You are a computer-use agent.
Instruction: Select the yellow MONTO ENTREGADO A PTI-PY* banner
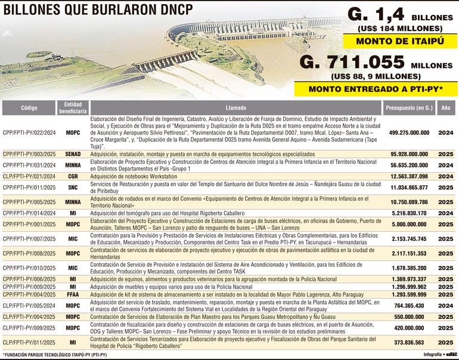374,89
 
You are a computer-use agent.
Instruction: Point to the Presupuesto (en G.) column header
408,108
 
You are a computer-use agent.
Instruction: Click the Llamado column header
235,108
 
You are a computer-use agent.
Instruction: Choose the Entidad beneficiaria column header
73,108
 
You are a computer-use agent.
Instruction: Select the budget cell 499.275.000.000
408,132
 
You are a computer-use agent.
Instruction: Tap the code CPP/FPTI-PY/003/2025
29,154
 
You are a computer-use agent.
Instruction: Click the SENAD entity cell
73,154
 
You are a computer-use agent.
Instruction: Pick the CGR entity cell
73,176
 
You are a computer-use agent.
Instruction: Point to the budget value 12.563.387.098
408,176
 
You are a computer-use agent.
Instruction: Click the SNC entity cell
73,187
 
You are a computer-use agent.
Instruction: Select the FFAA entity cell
73,294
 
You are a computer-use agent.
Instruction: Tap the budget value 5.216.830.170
408,213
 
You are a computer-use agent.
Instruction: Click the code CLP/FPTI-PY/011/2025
29,343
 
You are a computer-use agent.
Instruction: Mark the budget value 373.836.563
408,343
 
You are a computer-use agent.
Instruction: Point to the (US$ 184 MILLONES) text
400,28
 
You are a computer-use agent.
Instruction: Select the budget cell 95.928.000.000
408,154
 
